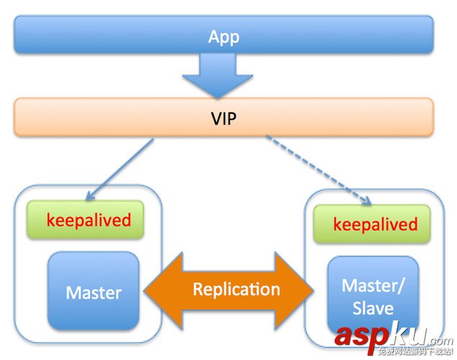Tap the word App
coord(223,35)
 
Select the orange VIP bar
coord(108,117)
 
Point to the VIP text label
coord(223,117)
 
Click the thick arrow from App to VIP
coord(223,76)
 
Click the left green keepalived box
coord(85,220)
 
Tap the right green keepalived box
coord(371,224)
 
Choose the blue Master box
coord(93,292)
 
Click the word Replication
coord(236,289)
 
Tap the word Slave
coord(373,308)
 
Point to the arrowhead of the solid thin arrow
coord(89,197)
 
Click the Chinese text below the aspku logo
coord(414,352)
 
